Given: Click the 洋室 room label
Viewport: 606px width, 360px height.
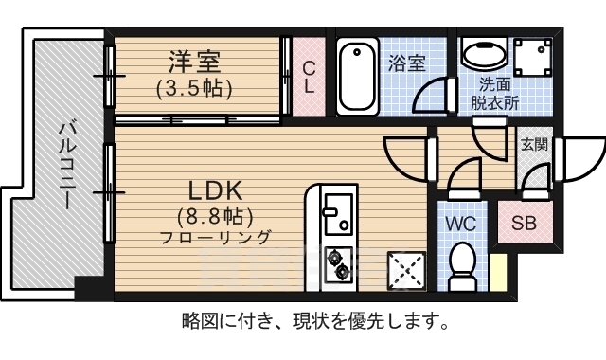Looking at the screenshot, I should pos(195,63).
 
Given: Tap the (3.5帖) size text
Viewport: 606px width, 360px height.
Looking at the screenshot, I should pos(195,88).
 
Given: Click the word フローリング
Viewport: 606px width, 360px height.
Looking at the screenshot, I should pos(216,237).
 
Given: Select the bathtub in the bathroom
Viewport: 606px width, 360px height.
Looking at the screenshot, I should pos(356,76).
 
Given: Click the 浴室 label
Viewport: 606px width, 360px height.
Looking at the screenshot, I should pos(406,63).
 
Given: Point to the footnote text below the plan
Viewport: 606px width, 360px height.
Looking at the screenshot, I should pos(313,322).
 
